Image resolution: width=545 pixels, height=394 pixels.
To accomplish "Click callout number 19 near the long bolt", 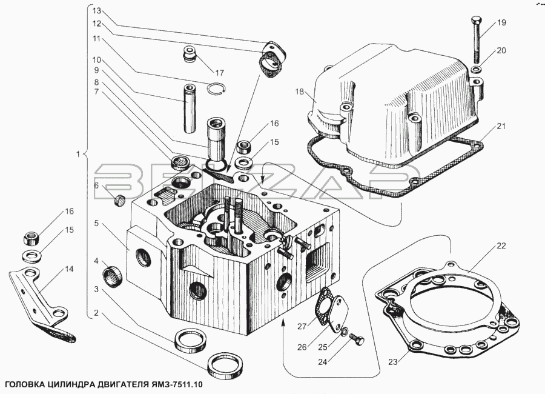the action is (x=501, y=22).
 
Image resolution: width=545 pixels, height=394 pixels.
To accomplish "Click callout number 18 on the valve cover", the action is (x=300, y=92).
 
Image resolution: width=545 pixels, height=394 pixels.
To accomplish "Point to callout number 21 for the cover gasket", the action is (x=501, y=126).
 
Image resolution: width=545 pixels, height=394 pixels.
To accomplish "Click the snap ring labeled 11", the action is (x=216, y=89).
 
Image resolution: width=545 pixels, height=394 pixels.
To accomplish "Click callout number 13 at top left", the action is (x=97, y=11).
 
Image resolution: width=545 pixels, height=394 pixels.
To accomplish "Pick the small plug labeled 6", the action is (x=120, y=201).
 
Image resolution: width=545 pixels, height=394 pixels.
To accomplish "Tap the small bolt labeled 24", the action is (x=357, y=338).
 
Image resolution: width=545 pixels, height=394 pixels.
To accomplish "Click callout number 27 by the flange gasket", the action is (x=302, y=327).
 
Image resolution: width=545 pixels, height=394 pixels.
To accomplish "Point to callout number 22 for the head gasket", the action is (x=501, y=246).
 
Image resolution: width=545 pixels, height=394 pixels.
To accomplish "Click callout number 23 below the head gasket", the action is (x=392, y=362).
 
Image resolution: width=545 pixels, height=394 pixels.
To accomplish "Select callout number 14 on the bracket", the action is (x=69, y=269).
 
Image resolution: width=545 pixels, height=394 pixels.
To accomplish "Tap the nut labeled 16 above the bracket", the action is (x=32, y=239).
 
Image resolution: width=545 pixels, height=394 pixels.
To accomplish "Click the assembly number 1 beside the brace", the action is (x=78, y=154).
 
